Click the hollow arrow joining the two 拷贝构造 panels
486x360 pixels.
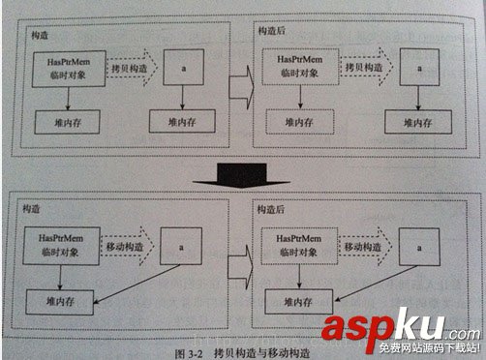click(x=239, y=93)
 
